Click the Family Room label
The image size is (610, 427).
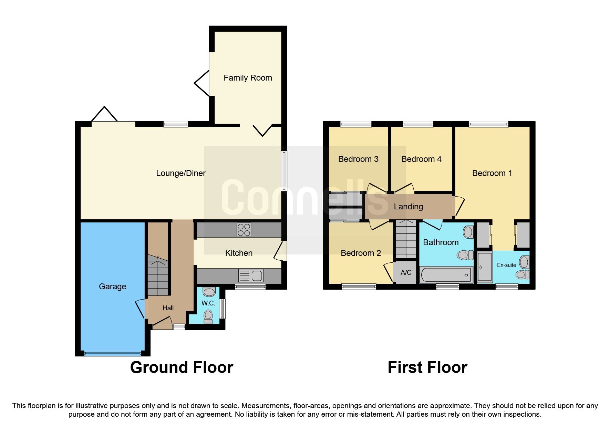(248, 78)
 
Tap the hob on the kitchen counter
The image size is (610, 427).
(244, 230)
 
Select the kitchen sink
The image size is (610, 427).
(251, 275)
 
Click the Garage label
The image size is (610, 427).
(112, 287)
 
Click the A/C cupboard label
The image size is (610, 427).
(406, 272)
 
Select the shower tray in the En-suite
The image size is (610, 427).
(485, 267)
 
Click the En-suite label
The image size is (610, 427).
(506, 265)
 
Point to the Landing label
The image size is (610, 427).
(408, 207)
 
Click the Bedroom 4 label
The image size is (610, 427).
(421, 159)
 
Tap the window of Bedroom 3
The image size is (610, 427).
(356, 124)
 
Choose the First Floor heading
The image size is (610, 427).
(427, 367)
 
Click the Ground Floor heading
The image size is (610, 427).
(182, 367)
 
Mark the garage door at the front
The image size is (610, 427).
(113, 353)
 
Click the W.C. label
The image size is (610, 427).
(208, 303)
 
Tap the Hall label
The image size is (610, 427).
(168, 308)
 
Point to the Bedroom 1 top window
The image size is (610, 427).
(488, 124)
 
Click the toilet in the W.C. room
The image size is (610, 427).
(208, 316)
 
